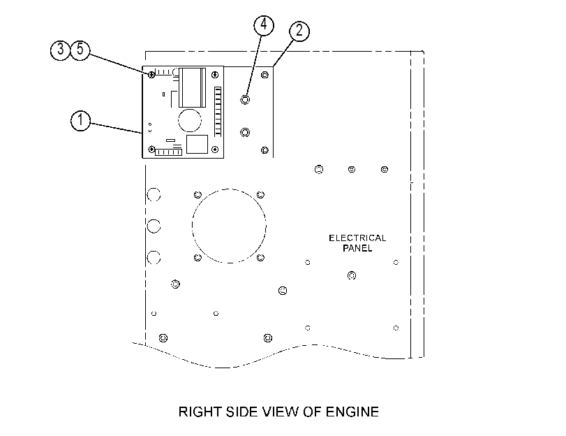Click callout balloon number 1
(80, 120)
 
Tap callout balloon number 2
(299, 31)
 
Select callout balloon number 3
(60, 50)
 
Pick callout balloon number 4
(264, 25)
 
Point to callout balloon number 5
(80, 50)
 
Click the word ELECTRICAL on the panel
(357, 238)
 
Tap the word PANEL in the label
(357, 248)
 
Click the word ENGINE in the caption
(352, 412)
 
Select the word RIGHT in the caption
(200, 412)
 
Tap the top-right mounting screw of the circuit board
(215, 75)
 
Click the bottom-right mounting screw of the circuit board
(215, 150)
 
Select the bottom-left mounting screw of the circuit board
(152, 150)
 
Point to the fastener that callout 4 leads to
(245, 99)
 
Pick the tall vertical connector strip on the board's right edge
(218, 112)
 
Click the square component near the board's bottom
(197, 144)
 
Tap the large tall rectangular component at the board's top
(192, 87)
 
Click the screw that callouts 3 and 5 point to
(152, 75)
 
